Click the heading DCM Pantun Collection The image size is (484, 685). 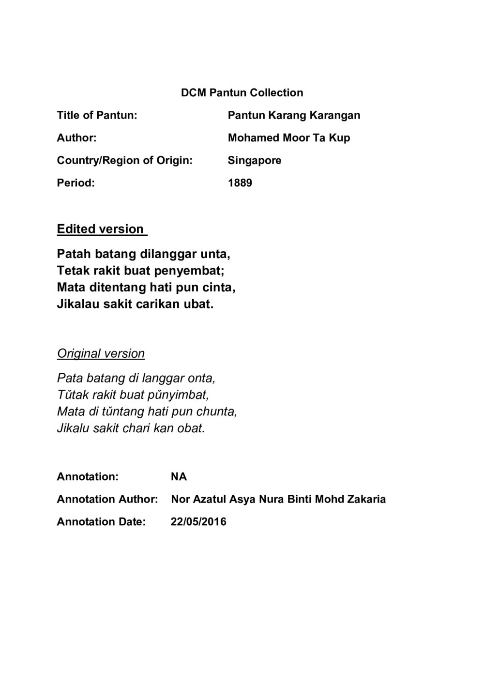[x=242, y=92]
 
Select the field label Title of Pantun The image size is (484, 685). [x=97, y=115]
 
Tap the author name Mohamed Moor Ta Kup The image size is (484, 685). [x=289, y=138]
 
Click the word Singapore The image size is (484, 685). [x=255, y=160]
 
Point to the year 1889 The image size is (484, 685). [x=240, y=183]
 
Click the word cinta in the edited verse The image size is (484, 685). [x=219, y=288]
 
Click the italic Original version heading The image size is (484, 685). [x=101, y=353]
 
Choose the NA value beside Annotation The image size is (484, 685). [x=179, y=477]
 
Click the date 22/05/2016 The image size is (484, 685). [x=198, y=522]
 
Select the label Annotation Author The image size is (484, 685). [x=107, y=499]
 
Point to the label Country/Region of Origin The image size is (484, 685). [x=124, y=160]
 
